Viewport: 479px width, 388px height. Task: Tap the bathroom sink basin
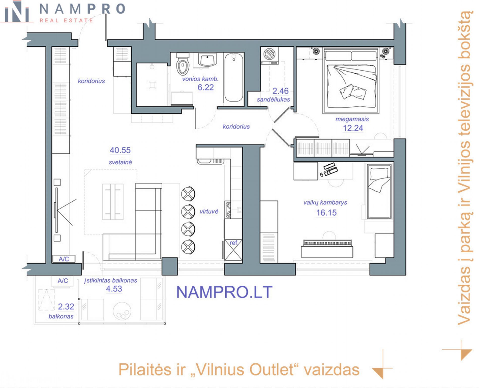[207, 60]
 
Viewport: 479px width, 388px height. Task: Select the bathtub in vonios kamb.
[234, 78]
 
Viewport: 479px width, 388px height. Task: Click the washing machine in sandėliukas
[270, 56]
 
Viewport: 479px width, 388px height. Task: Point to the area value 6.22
[206, 87]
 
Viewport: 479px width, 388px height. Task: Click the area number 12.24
[353, 128]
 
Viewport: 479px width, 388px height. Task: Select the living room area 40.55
[120, 150]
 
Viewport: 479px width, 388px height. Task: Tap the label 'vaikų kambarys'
[325, 202]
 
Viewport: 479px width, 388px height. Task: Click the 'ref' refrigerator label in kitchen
[233, 243]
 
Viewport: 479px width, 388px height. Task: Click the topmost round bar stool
[188, 194]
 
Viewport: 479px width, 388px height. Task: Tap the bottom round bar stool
[188, 247]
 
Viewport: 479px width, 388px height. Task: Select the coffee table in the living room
[113, 202]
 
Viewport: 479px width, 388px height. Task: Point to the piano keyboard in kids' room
[327, 243]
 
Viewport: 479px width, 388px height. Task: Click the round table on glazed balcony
[122, 311]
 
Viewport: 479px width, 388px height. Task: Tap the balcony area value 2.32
[66, 307]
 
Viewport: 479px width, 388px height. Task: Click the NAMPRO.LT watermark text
[224, 292]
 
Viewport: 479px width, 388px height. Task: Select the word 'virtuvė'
[209, 212]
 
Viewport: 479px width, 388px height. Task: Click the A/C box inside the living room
[64, 259]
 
